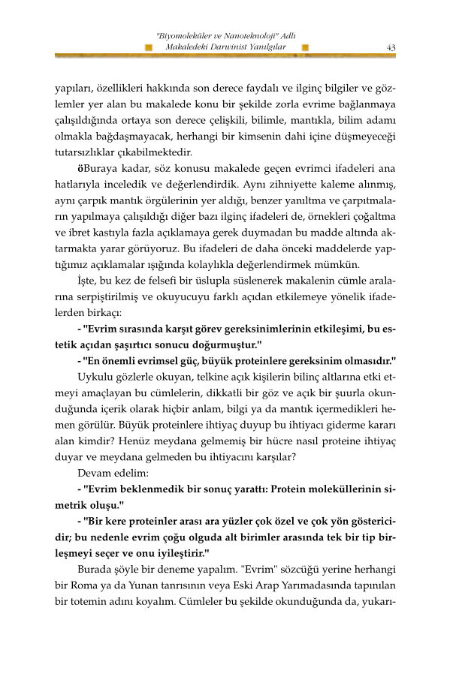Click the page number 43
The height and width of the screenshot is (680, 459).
[x=391, y=47]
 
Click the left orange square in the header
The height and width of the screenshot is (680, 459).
[x=149, y=47]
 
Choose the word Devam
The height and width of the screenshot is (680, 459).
[x=95, y=473]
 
